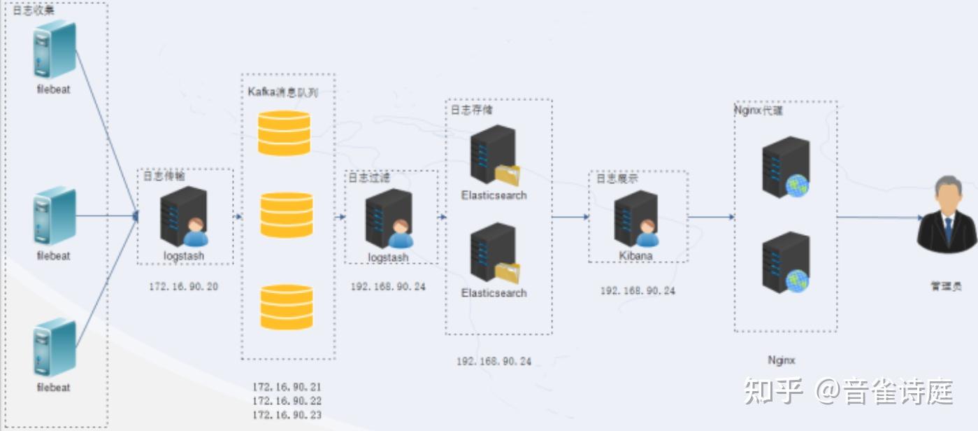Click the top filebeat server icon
tap(54, 50)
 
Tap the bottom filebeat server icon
tap(54, 347)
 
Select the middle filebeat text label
tap(54, 256)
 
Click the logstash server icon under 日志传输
tap(182, 216)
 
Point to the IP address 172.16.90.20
tap(184, 286)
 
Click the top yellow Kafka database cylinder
tap(284, 133)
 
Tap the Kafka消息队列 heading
tap(283, 92)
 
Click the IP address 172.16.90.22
tap(287, 400)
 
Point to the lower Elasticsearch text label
tap(494, 293)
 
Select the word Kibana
tap(635, 256)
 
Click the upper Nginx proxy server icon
tap(785, 167)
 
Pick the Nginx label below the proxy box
tap(782, 360)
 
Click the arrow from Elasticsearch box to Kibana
tap(570, 217)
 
